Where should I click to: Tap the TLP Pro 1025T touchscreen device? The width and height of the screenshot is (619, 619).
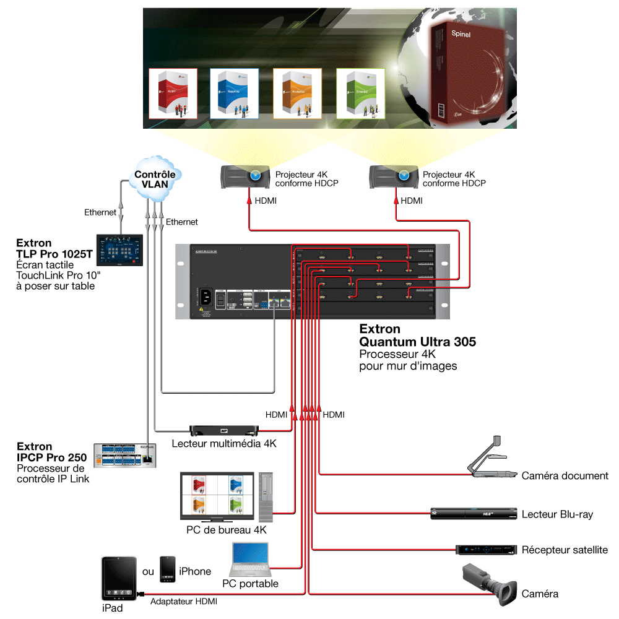tap(120, 250)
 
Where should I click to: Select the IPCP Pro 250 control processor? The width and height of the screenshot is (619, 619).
tap(126, 456)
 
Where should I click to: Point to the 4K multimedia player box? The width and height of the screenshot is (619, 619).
tap(223, 430)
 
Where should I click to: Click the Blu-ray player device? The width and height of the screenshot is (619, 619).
tap(473, 513)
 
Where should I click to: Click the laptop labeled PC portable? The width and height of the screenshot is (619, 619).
tap(250, 560)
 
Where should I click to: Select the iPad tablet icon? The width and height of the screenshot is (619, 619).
tap(118, 579)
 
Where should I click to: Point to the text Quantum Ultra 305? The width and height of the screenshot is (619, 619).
tap(417, 341)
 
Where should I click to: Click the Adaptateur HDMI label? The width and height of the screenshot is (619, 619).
tap(184, 601)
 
